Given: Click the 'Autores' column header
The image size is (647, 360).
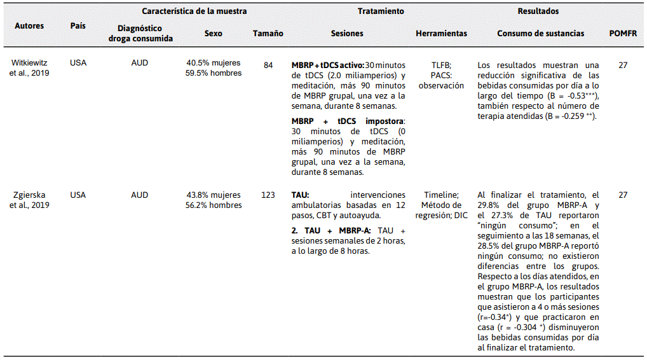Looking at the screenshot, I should pos(29,26).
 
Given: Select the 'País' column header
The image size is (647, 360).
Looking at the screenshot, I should pos(78,25).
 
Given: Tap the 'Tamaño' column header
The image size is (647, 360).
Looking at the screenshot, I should pos(268,33).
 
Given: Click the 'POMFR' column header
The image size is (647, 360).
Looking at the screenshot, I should pos(623,33).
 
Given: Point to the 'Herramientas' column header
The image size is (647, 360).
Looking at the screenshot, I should pos(441,33).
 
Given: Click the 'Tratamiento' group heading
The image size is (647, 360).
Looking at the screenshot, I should pos(380,11).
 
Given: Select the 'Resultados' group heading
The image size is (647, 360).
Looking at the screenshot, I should pos(538,11).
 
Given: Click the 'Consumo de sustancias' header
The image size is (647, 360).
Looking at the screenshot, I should pos(537,33).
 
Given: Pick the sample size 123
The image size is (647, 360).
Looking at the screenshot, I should pos(268,195).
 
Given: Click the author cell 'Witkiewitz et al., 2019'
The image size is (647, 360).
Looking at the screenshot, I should pos(30,68).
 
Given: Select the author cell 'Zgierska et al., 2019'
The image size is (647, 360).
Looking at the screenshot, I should pos(30,200).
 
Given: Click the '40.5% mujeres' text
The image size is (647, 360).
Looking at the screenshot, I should pos(214,64).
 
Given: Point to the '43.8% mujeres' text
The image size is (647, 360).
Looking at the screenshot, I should pos(214,195).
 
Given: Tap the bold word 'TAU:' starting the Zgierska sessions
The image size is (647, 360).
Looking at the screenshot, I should pos(301,195).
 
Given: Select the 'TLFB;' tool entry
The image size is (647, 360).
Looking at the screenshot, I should pos(441,65).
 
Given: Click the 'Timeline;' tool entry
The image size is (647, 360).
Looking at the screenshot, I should pos(441,195).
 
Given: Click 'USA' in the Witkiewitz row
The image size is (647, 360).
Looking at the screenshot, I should pos(78,64).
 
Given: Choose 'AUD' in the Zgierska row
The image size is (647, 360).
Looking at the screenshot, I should pos(140,195).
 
